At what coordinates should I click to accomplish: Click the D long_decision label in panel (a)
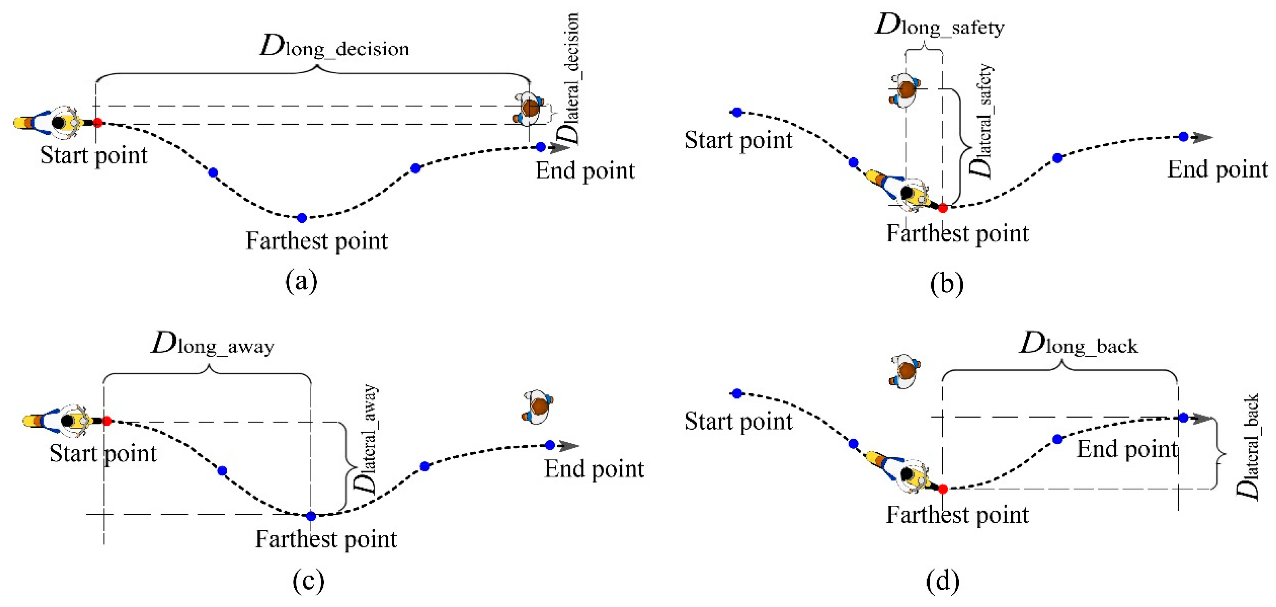(335, 48)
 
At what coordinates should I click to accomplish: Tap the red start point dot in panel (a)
(98, 122)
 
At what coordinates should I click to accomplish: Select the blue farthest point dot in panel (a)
(302, 218)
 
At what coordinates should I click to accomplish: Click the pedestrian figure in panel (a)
(529, 108)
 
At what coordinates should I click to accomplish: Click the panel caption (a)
(301, 281)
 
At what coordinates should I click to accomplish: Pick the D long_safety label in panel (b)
(940, 25)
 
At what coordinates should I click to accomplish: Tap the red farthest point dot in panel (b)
(943, 208)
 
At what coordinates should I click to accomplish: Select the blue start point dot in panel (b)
(737, 112)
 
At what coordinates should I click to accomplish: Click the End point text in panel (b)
(1217, 170)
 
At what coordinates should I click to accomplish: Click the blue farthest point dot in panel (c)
(311, 516)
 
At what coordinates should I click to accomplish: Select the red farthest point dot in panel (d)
(943, 489)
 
